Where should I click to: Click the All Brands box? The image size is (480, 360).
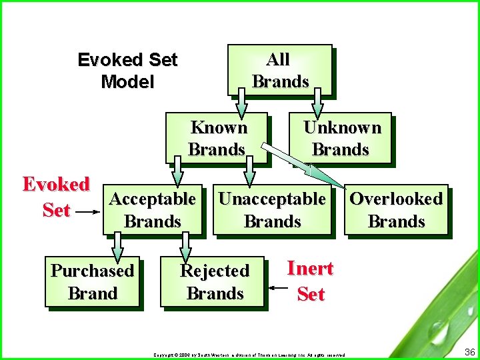pos(279,70)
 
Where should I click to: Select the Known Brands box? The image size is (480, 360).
pos(217,138)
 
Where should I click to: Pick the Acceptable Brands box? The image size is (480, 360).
pos(152,210)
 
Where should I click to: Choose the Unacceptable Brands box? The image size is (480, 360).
pos(272,210)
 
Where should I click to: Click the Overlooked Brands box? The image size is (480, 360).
pos(396,210)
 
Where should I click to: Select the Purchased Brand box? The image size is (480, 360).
pos(93,282)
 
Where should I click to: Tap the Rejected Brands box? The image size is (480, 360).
pos(213,282)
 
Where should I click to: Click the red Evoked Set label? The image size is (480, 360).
pos(56,197)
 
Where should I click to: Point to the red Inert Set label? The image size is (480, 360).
pos(310,281)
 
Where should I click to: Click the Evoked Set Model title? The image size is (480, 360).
pos(127,71)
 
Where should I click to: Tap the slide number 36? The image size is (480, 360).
pos(468,351)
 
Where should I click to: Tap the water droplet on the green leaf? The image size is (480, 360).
pos(438,329)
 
